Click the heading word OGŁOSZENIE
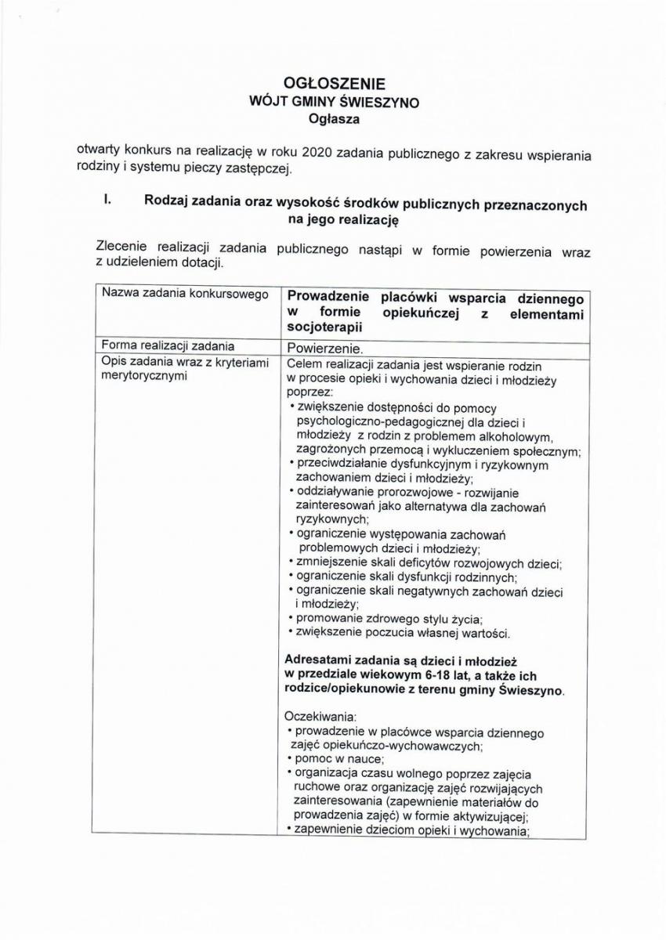click(334, 83)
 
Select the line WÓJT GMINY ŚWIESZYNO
click(334, 102)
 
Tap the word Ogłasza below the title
click(334, 119)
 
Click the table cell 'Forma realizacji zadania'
click(168, 345)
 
